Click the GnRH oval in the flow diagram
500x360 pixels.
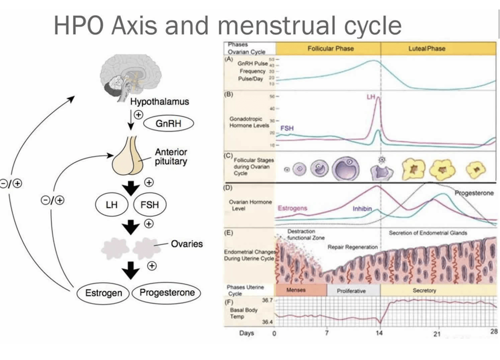[x=168, y=124]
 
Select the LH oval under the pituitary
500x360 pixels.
[x=112, y=205]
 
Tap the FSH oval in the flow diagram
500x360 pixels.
[x=150, y=205]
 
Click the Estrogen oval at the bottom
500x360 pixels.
[x=103, y=293]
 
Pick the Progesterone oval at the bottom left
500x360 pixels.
[x=167, y=293]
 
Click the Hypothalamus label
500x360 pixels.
[x=159, y=102]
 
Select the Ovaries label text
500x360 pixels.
[x=187, y=244]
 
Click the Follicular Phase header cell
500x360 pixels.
[x=330, y=48]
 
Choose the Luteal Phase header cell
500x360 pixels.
[x=426, y=48]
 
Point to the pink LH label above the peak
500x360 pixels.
[x=371, y=97]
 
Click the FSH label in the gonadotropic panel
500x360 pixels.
[x=287, y=128]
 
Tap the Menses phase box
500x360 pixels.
[x=296, y=290]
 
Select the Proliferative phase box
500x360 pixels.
[x=351, y=291]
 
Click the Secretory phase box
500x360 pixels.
[x=424, y=291]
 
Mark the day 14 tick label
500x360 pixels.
[x=379, y=333]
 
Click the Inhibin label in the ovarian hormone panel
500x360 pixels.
[x=362, y=208]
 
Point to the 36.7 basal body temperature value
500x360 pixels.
[x=267, y=300]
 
